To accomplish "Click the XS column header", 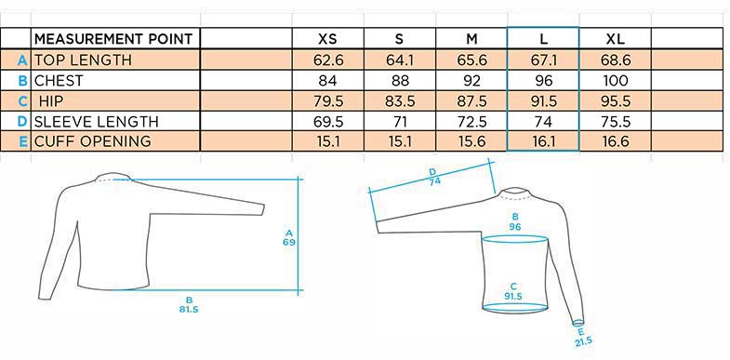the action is coord(327,39).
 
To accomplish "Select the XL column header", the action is coord(615,39).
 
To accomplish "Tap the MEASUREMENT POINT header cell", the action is coord(113,39).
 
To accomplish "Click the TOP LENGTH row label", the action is coord(83,60).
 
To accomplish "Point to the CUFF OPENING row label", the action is coord(93,140).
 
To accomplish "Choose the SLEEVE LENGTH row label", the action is coord(97,122).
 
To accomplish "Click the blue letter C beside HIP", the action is coord(23,101).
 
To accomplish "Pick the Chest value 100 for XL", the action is coord(615,81).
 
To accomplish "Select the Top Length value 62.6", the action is coord(327,60).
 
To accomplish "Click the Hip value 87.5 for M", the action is coord(471,101).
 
